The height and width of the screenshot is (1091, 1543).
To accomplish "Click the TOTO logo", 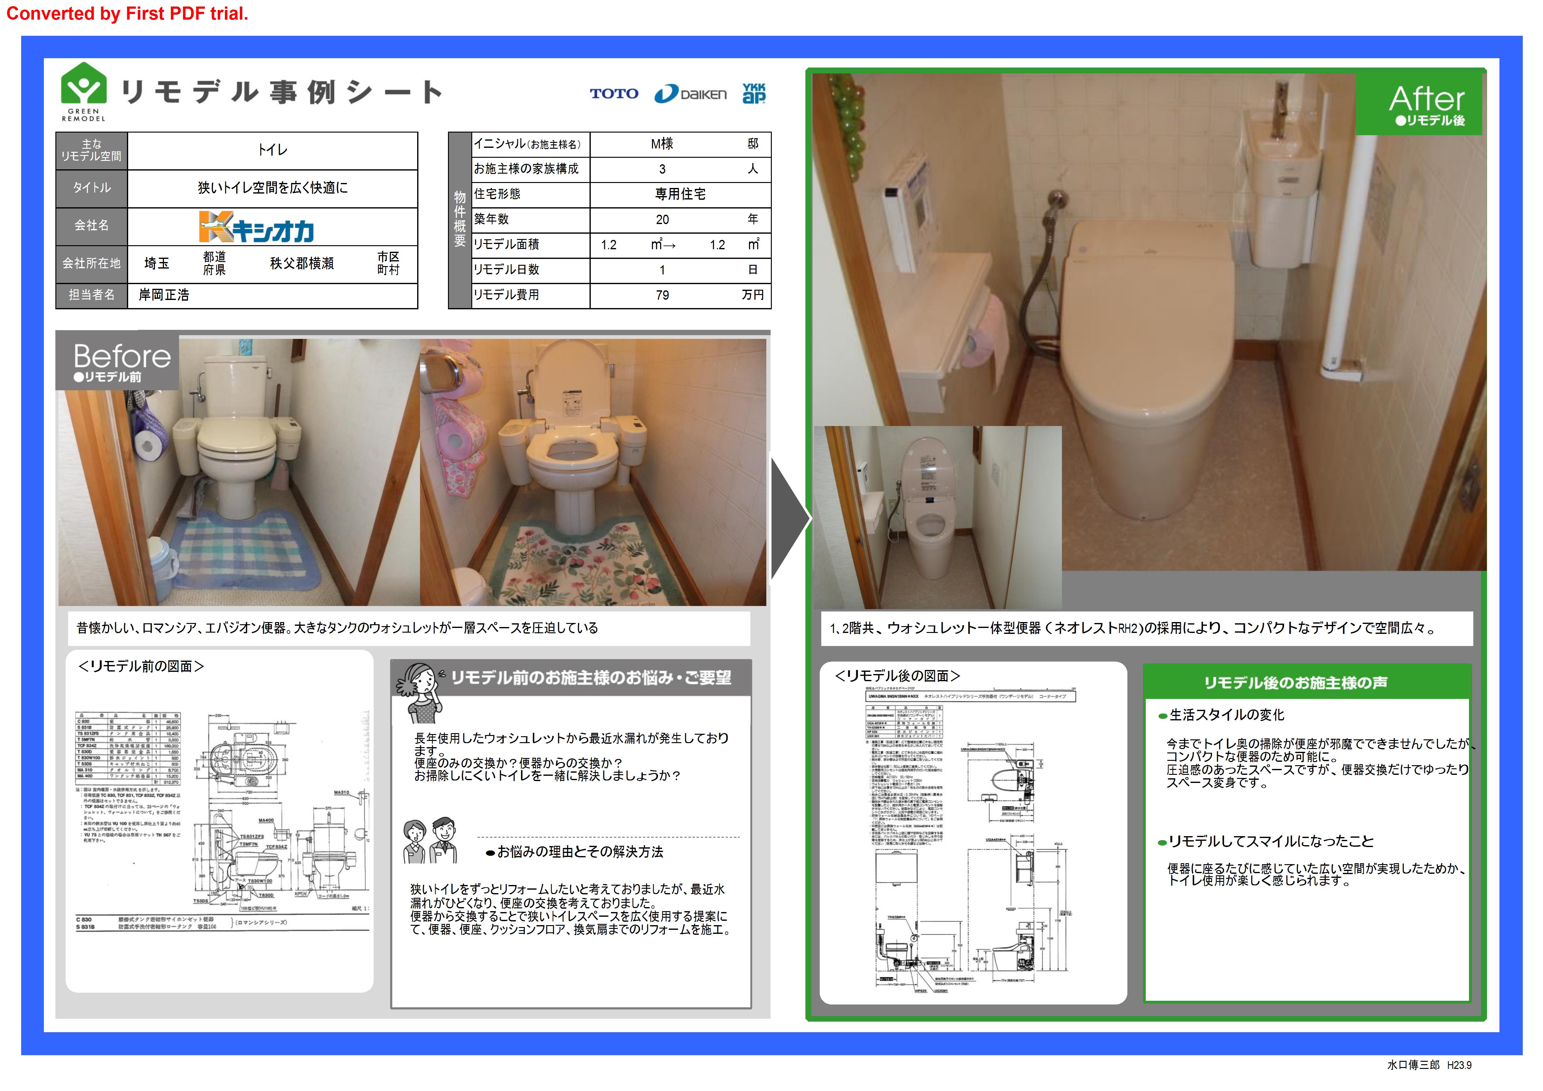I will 613,93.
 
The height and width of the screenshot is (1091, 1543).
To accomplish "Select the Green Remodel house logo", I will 83,91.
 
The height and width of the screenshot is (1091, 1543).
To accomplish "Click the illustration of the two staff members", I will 430,840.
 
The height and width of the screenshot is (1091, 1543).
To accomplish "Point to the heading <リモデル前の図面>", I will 141,666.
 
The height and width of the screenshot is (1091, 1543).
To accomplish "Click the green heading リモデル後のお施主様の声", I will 1295,682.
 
